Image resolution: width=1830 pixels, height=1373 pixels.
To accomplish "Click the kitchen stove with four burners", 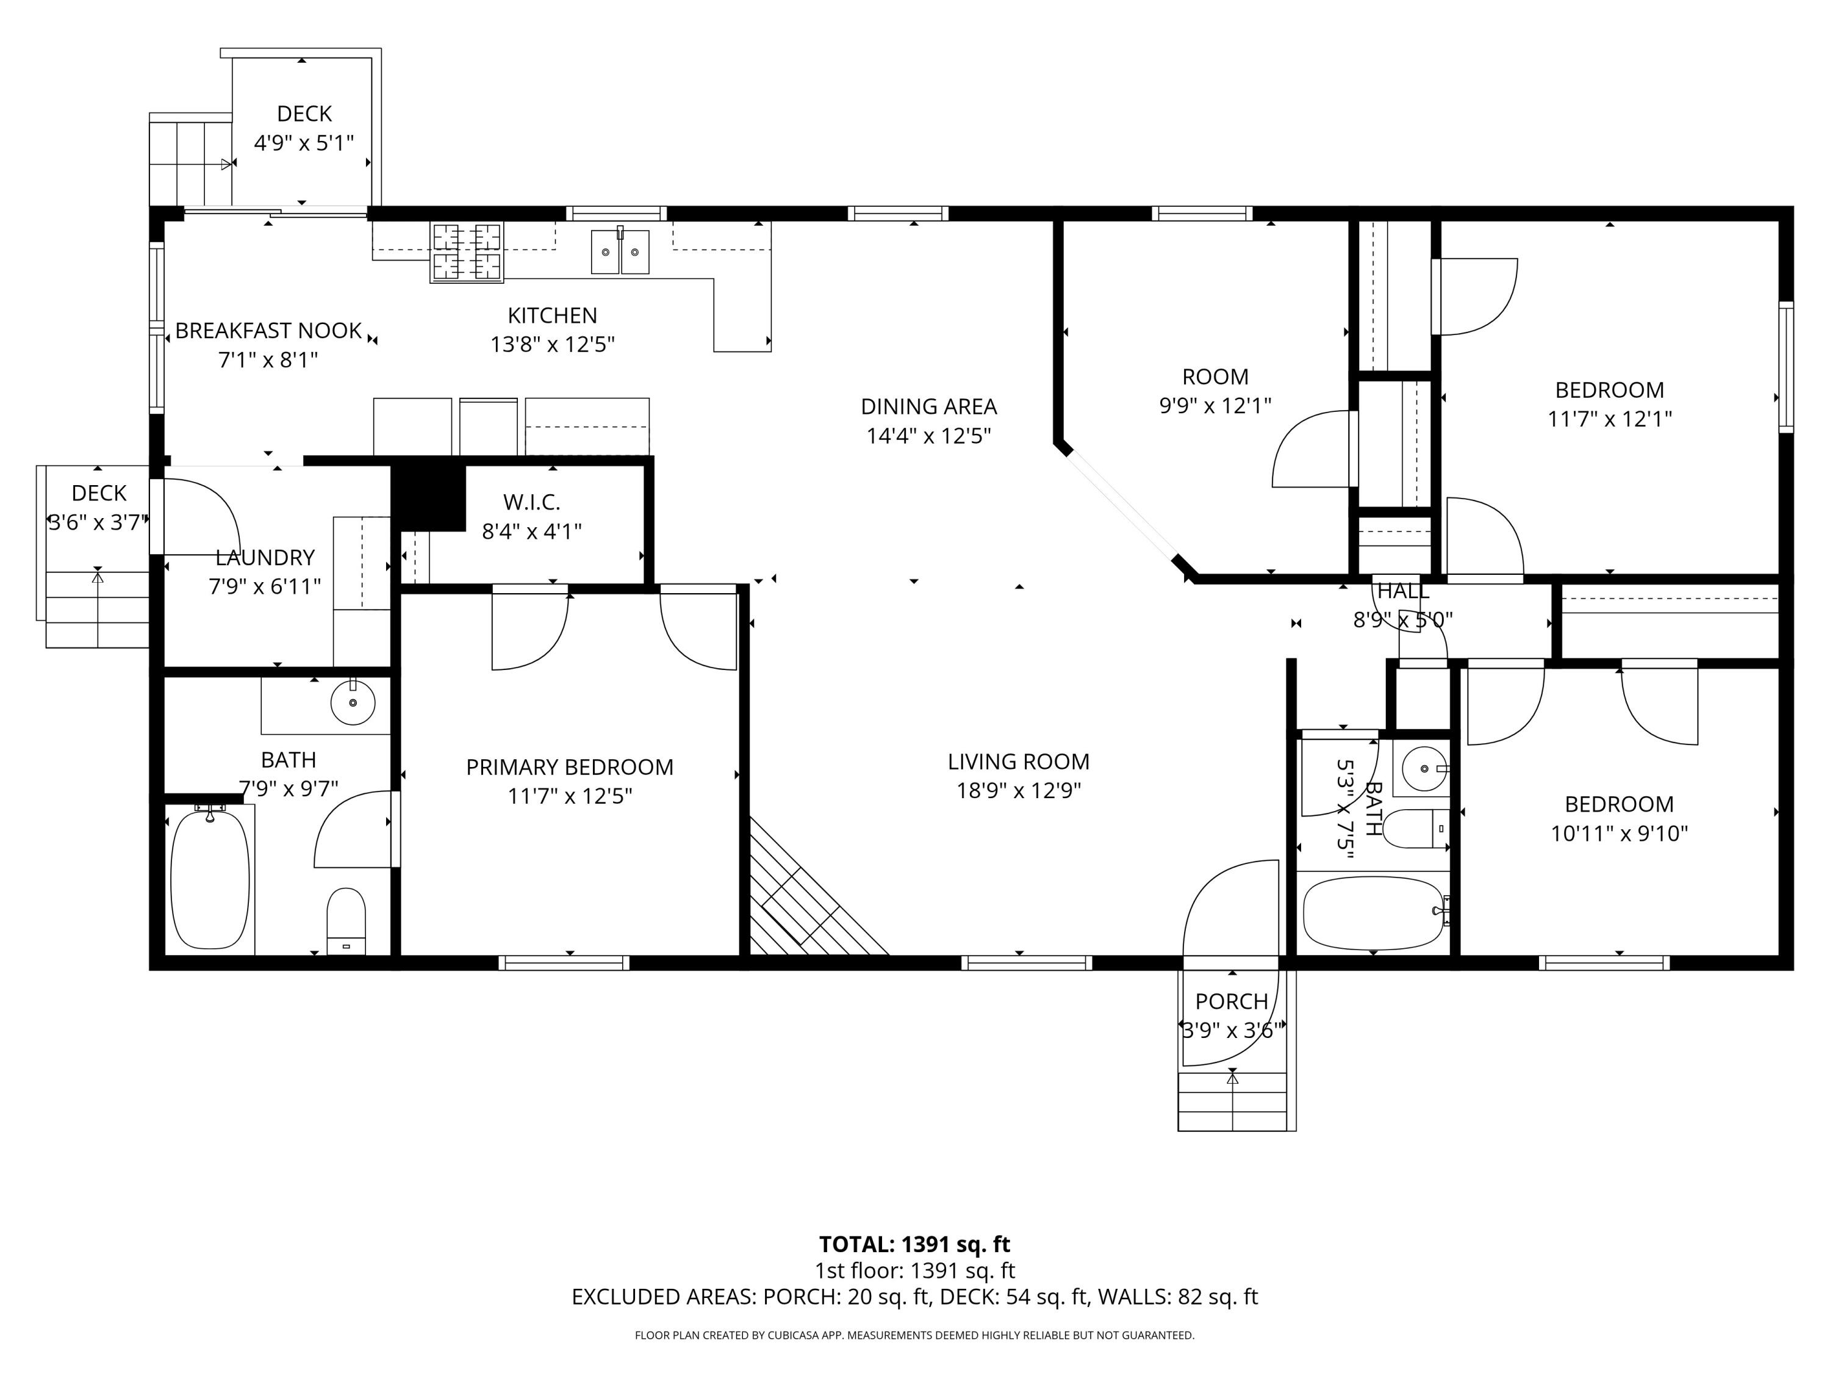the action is (x=467, y=253).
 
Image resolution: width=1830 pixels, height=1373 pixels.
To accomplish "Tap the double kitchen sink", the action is (x=620, y=251).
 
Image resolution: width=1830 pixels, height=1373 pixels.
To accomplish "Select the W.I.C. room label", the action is (x=531, y=502).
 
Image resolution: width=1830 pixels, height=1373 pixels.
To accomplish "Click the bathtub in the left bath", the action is (x=210, y=879).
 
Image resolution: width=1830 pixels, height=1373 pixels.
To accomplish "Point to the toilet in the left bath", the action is (x=346, y=921).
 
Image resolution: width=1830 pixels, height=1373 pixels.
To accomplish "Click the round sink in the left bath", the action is (x=353, y=702).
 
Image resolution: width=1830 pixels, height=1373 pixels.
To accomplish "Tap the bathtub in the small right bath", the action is (x=1373, y=913).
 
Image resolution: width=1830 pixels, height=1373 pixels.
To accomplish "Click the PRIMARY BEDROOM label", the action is (x=569, y=767).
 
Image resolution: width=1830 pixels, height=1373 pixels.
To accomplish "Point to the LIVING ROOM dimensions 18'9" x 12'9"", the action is (x=1019, y=790).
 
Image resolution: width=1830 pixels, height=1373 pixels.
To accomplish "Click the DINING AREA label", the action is (x=928, y=406).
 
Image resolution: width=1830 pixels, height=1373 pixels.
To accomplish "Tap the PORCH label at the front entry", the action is (x=1231, y=1001).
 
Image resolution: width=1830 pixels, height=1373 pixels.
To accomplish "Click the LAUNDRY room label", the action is (x=265, y=557).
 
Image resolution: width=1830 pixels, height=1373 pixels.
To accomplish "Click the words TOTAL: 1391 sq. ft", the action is (x=914, y=1245).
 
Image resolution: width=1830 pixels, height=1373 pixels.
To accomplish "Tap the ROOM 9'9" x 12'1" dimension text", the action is (x=1215, y=406).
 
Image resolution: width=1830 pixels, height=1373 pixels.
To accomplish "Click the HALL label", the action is (x=1402, y=591).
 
